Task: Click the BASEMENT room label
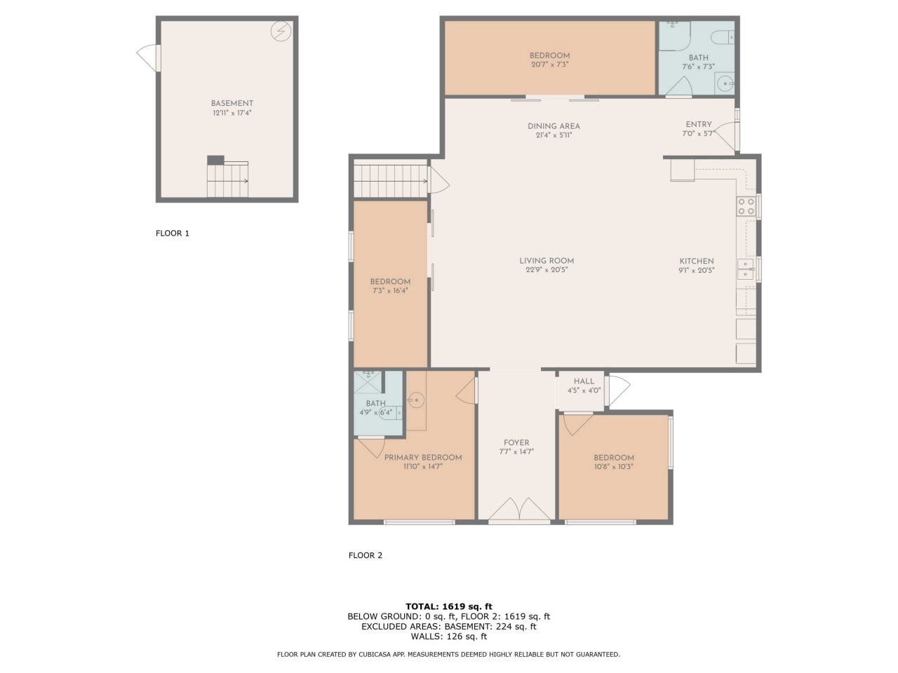pyautogui.click(x=232, y=103)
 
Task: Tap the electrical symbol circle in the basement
pyautogui.click(x=281, y=31)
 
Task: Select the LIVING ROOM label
pyautogui.click(x=547, y=261)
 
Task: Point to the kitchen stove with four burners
pyautogui.click(x=746, y=206)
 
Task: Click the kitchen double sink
pyautogui.click(x=745, y=269)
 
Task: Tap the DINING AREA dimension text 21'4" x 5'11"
pyautogui.click(x=554, y=135)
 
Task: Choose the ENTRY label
pyautogui.click(x=699, y=124)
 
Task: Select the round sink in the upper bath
pyautogui.click(x=725, y=83)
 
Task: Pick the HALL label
pyautogui.click(x=584, y=381)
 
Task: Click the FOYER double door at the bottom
pyautogui.click(x=519, y=510)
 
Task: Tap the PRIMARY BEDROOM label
pyautogui.click(x=423, y=458)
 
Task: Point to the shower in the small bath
pyautogui.click(x=368, y=381)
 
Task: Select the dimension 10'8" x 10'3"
pyautogui.click(x=614, y=467)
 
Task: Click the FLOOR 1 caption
pyautogui.click(x=173, y=233)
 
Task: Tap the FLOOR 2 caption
pyautogui.click(x=366, y=555)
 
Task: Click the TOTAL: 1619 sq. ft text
pyautogui.click(x=449, y=606)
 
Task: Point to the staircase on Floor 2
pyautogui.click(x=391, y=181)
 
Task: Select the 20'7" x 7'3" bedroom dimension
pyautogui.click(x=550, y=64)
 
